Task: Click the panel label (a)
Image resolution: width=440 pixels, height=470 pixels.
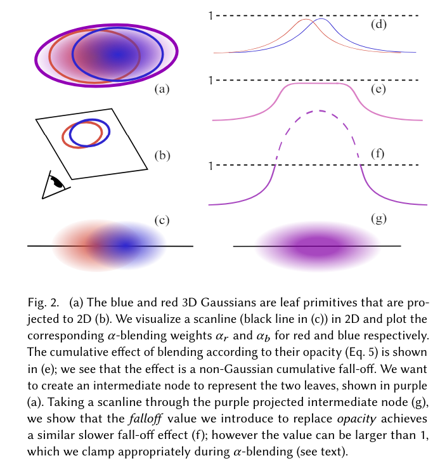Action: tap(162, 89)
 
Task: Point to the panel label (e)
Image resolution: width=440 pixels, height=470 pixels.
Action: tap(379, 89)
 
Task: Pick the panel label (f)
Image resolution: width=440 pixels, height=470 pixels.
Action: tap(379, 154)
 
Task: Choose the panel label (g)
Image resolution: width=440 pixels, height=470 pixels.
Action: tap(379, 219)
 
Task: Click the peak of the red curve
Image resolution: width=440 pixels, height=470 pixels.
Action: tap(306, 20)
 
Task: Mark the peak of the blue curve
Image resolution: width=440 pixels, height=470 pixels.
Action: tap(322, 20)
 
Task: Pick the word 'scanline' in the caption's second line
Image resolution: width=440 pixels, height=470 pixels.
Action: tap(169, 315)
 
